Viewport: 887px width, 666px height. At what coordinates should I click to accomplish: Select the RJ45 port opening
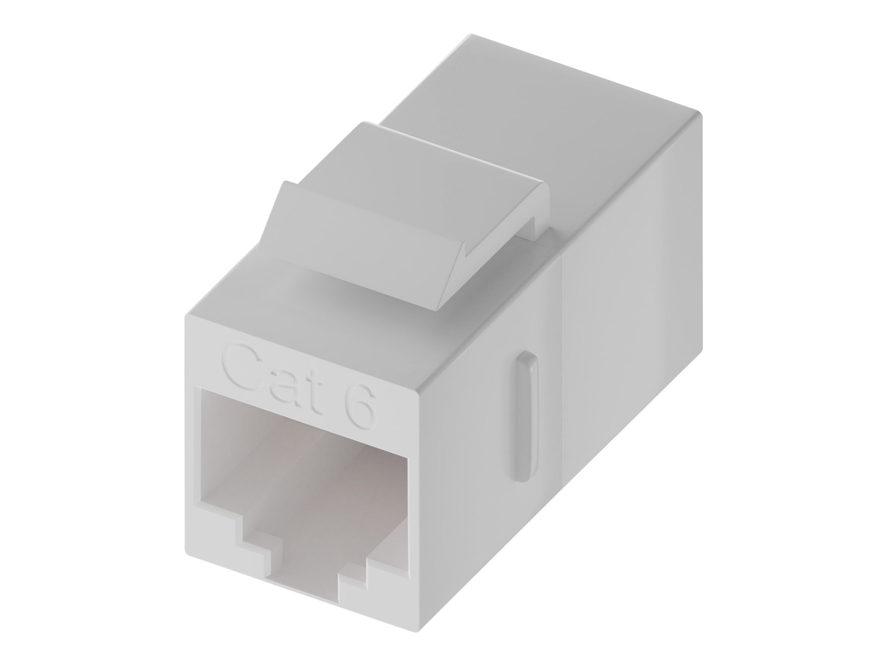click(305, 474)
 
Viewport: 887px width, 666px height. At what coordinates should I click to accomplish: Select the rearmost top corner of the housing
click(472, 35)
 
